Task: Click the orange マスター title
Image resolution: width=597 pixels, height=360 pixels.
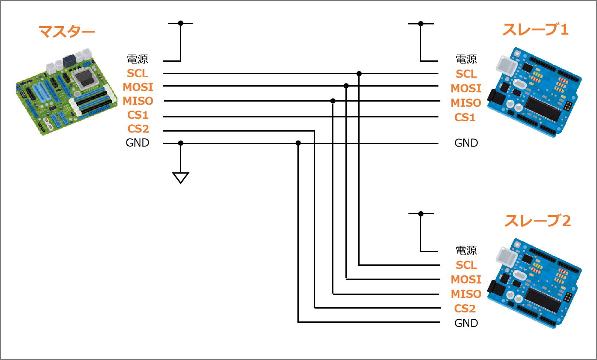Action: click(67, 32)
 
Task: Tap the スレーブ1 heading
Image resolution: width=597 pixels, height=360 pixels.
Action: click(536, 30)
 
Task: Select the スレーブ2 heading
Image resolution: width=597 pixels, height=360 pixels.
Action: click(538, 221)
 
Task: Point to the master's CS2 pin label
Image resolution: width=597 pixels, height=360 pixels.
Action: click(138, 129)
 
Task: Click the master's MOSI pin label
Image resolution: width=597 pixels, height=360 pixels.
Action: click(138, 87)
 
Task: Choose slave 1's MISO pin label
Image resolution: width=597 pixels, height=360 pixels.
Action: click(466, 103)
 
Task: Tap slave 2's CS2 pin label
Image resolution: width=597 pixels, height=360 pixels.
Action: click(465, 309)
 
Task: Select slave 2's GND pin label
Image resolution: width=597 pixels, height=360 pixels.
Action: click(466, 323)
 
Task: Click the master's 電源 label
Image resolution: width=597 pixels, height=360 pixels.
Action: click(138, 59)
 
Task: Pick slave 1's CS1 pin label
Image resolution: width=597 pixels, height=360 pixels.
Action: click(465, 117)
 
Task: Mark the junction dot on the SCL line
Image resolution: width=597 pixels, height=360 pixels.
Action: click(359, 74)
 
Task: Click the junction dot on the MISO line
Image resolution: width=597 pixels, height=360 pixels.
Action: click(333, 101)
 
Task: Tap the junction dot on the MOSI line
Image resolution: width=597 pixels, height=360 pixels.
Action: click(346, 86)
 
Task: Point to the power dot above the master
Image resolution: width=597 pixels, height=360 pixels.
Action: click(181, 23)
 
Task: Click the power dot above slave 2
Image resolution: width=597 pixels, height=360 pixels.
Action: click(421, 214)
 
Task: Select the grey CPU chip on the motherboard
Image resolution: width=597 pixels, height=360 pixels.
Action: click(84, 77)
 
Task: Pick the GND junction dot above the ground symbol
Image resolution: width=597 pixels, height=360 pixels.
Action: click(181, 143)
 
